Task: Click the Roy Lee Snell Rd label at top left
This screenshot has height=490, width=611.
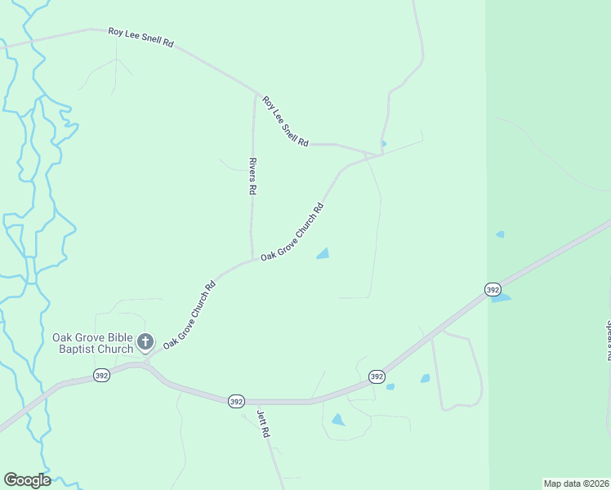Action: coord(140,37)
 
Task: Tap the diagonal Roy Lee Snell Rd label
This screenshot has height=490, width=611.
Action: coord(285,122)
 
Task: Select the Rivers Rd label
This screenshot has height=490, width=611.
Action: coord(252,176)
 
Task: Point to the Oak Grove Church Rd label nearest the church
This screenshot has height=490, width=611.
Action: coord(189,314)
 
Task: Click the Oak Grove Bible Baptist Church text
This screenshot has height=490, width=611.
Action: coord(92,343)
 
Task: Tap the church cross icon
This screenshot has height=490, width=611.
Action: coord(145,342)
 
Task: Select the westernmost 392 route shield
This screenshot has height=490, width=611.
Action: coord(101,375)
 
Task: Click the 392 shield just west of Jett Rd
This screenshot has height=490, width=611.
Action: coord(236,401)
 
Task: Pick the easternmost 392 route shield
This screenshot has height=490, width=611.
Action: coord(492,290)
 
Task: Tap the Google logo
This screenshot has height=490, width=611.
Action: coord(27,480)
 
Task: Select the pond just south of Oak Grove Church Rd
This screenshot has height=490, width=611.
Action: coord(323,254)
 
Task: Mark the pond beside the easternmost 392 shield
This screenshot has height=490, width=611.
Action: coord(501,298)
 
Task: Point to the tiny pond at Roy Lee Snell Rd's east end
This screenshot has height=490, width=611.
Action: coord(383,144)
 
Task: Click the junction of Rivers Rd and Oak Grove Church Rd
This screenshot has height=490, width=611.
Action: coord(252,259)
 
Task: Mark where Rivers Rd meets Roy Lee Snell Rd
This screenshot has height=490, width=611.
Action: coord(254,91)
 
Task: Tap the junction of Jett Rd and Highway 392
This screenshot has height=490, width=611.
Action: coord(256,402)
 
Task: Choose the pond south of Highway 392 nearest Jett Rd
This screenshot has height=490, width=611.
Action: coord(337,420)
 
